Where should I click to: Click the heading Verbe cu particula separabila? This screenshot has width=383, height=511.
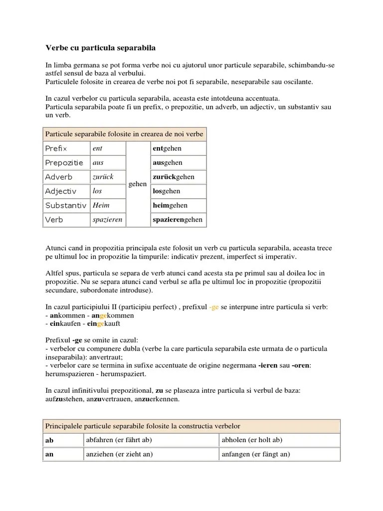[101, 48]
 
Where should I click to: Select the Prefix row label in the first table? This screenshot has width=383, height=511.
[56, 149]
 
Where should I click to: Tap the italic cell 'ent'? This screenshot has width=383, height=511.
[98, 149]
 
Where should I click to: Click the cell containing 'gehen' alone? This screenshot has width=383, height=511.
[138, 184]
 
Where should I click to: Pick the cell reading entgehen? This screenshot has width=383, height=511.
[167, 149]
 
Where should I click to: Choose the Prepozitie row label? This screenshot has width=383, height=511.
[65, 163]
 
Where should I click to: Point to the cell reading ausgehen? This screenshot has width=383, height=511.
[168, 163]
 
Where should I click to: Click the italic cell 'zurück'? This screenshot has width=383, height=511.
[103, 177]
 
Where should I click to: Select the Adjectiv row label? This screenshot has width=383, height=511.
[60, 191]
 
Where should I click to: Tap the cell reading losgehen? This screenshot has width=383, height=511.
[167, 191]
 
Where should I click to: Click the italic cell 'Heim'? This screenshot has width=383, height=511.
[101, 205]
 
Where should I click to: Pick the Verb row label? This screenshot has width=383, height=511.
[54, 220]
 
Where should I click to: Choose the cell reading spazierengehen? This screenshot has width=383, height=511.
[178, 220]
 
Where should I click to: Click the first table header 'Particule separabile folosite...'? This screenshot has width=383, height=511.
[124, 134]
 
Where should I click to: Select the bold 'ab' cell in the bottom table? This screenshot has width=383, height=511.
[49, 441]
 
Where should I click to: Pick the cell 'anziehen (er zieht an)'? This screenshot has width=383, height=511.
[119, 455]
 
